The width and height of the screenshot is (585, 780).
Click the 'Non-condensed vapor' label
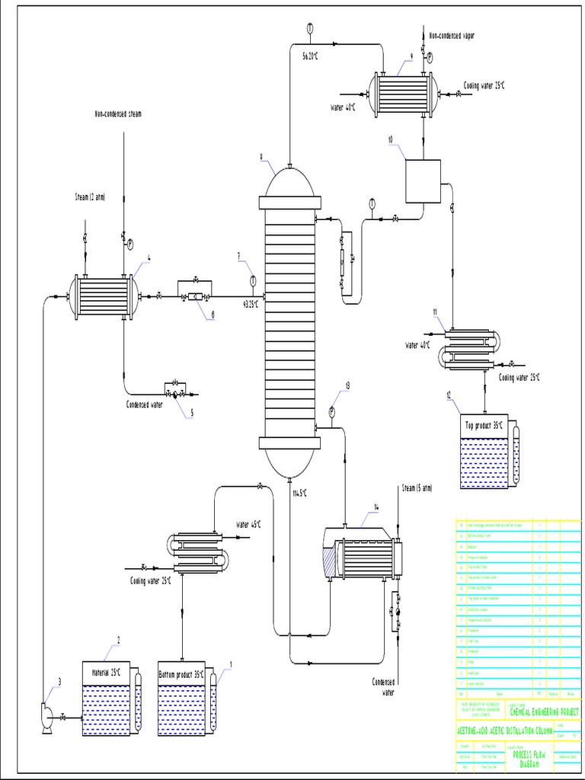coord(457,36)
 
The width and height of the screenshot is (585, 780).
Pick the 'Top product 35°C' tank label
coord(484,425)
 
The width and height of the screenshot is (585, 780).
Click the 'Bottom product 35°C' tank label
coord(184,674)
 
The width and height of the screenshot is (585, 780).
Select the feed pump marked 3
coord(44,716)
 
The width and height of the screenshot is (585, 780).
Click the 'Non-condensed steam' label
coord(118,113)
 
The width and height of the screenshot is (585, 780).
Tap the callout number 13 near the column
coord(347,385)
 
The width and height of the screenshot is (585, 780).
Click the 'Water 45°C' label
coord(248,524)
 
